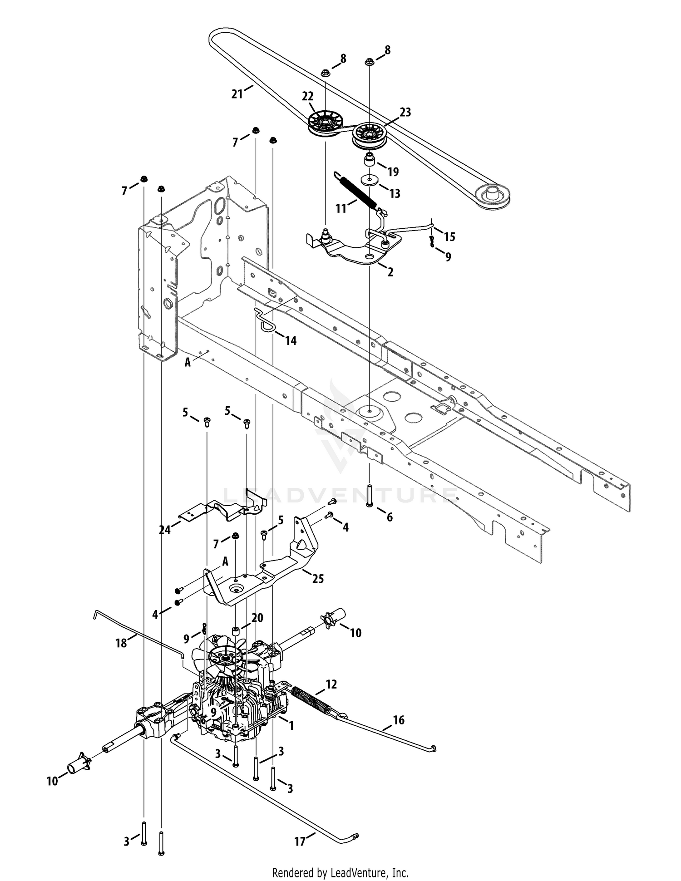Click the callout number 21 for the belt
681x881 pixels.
(237, 94)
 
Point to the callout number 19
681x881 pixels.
(393, 172)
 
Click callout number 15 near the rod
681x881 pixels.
(449, 236)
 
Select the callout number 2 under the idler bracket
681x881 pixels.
(390, 272)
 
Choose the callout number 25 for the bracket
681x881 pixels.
(318, 579)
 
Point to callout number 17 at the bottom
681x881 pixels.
(300, 842)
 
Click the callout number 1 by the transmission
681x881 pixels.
(291, 726)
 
